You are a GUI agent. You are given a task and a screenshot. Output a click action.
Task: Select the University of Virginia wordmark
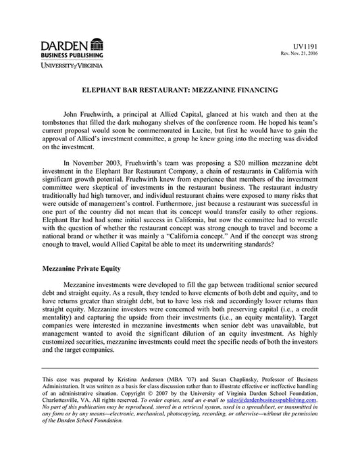click(x=68, y=66)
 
